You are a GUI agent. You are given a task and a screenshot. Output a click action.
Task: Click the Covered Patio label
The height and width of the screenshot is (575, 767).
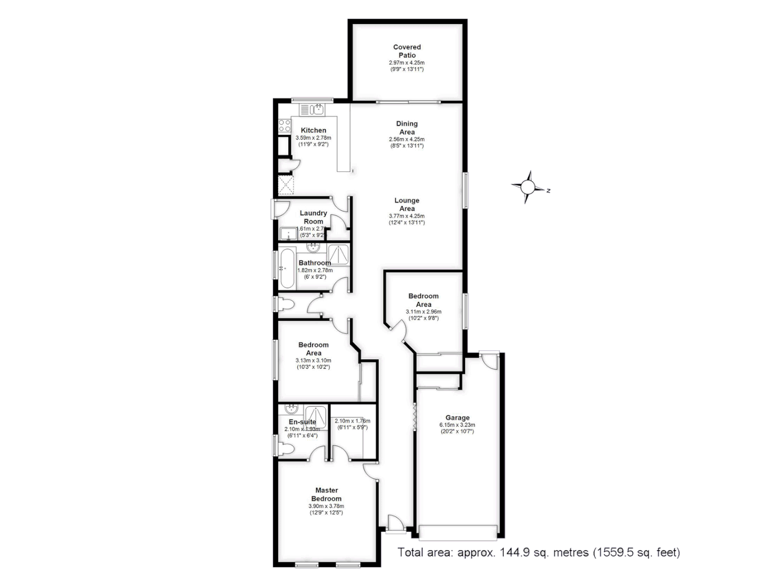[407, 51]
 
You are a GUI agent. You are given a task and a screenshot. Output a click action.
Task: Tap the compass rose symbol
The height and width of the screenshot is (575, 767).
[527, 187]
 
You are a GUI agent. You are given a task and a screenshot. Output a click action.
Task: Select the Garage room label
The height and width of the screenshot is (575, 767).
[458, 418]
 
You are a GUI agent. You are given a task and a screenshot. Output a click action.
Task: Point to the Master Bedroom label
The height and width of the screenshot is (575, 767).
[327, 495]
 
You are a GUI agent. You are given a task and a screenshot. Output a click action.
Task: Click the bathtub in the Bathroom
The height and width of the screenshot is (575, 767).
[287, 268]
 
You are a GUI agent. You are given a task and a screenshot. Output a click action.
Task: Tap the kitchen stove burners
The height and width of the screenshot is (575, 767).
[285, 126]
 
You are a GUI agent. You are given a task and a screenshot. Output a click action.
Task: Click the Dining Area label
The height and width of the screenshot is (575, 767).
[407, 128]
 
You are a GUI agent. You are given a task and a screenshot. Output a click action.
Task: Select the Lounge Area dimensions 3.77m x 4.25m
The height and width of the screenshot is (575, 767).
[407, 216]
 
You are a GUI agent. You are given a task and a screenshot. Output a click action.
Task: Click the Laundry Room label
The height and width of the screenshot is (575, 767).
[313, 217]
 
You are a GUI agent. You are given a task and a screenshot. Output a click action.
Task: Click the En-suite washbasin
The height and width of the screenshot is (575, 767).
[291, 409]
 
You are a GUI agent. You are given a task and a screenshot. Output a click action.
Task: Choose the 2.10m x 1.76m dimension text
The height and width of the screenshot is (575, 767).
[353, 421]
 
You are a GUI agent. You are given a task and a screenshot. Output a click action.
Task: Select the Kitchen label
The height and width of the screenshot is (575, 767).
[313, 130]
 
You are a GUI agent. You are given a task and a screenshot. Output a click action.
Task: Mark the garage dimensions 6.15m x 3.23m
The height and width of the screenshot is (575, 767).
[458, 425]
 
